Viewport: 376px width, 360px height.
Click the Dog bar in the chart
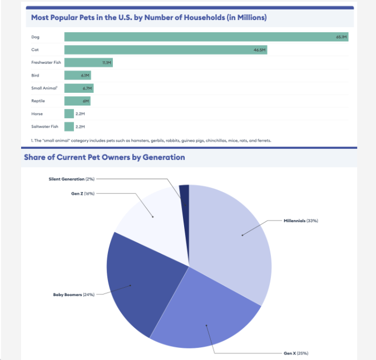click(x=206, y=37)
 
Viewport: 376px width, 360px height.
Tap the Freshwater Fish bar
click(x=88, y=62)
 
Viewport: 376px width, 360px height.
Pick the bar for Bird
click(x=77, y=75)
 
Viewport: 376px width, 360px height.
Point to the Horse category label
click(x=37, y=114)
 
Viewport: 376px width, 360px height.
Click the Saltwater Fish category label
click(x=44, y=127)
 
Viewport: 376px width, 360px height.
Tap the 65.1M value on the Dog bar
click(x=341, y=37)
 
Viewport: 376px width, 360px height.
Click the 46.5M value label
click(x=260, y=49)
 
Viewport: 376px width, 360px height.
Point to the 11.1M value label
click(x=107, y=62)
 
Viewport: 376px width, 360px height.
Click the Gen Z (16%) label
click(x=83, y=193)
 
